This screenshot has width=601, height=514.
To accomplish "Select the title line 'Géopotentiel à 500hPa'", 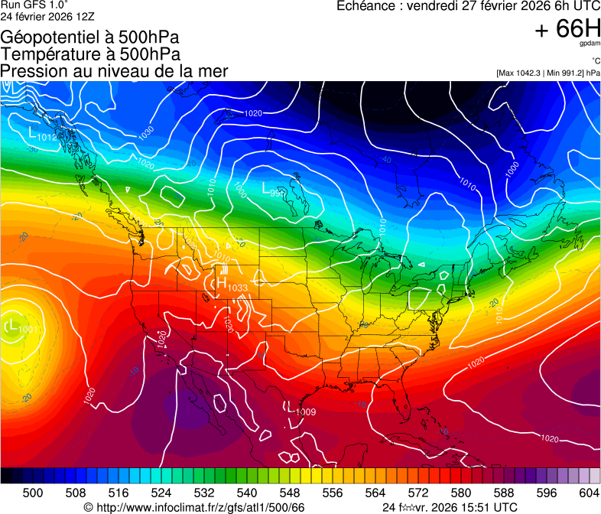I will tap(89, 37).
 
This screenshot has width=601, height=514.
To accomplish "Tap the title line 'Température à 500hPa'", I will tap(90, 54).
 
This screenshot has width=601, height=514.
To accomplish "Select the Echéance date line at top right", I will tap(469, 6).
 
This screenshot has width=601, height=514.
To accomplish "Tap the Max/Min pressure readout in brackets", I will tap(548, 73).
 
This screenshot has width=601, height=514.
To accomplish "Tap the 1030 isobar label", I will tap(146, 132).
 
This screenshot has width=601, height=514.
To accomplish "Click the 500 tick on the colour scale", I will tap(33, 492).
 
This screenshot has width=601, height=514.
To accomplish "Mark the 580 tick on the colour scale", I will tap(460, 492).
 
